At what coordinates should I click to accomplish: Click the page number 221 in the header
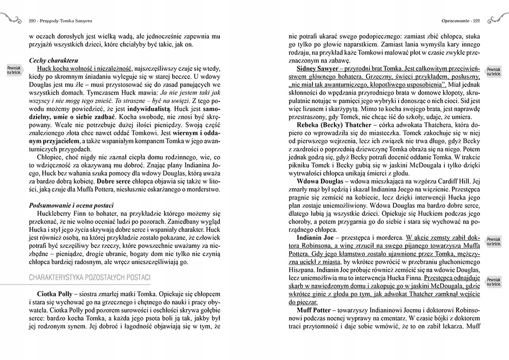point(476,21)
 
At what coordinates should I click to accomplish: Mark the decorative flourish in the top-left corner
point(11,20)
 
